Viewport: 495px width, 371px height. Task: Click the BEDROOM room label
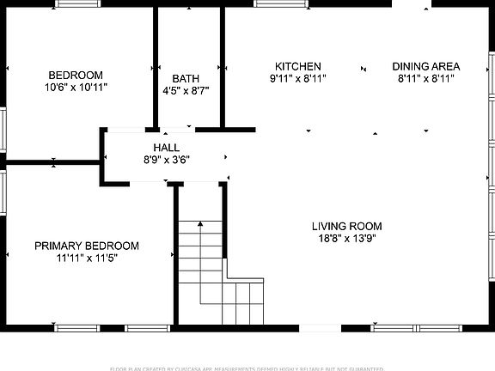click(x=76, y=75)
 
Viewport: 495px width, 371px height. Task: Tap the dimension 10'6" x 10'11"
click(x=76, y=87)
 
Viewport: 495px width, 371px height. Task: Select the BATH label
click(x=186, y=78)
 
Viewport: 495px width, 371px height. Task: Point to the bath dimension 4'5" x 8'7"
click(x=186, y=90)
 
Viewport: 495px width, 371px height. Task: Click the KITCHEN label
click(x=297, y=66)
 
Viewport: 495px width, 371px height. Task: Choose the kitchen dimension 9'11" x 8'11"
click(x=297, y=78)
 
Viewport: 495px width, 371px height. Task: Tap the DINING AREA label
click(x=425, y=66)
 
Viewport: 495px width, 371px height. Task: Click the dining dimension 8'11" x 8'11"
click(x=425, y=78)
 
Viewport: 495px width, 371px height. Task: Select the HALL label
click(x=167, y=148)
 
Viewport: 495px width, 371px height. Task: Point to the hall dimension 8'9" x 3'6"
click(x=167, y=159)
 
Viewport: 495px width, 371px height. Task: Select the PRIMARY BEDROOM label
click(x=86, y=246)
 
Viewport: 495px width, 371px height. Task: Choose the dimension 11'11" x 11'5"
click(x=86, y=258)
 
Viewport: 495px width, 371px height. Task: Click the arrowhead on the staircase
click(x=200, y=223)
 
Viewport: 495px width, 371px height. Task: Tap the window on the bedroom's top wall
click(x=79, y=4)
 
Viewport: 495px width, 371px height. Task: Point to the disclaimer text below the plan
click(x=247, y=368)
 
